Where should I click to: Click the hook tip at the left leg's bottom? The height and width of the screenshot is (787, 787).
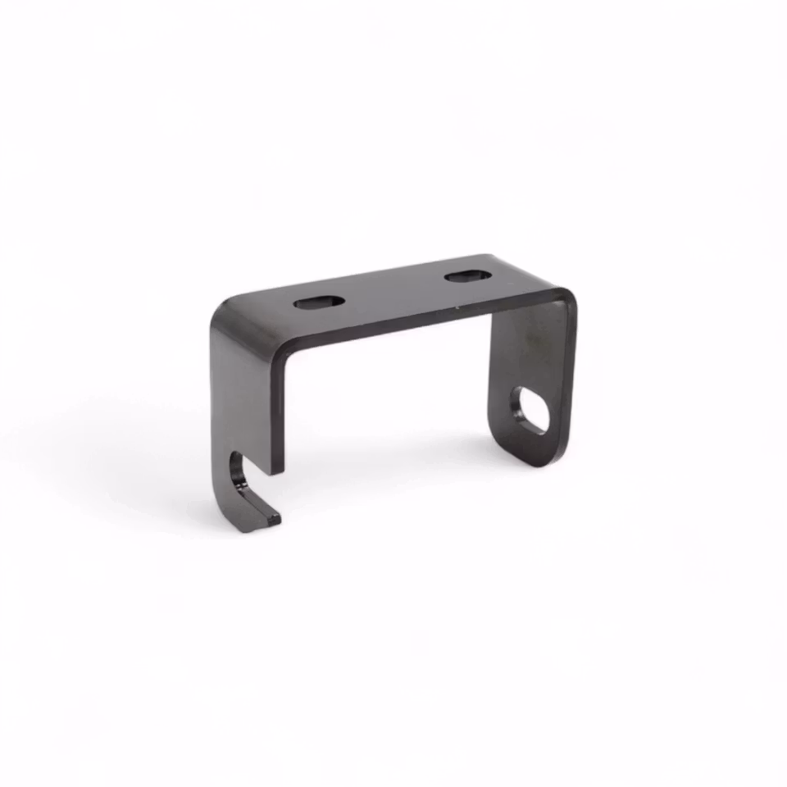tap(271, 517)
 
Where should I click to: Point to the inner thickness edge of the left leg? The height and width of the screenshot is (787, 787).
tap(278, 410)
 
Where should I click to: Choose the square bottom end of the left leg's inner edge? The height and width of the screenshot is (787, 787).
tap(279, 471)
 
